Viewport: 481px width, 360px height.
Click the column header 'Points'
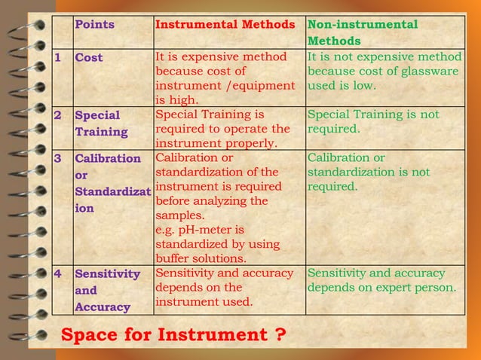[x=94, y=25]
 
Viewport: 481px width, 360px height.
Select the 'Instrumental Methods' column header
[x=224, y=25]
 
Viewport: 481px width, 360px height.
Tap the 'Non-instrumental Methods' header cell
[x=362, y=32]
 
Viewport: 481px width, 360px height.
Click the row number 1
[x=57, y=58]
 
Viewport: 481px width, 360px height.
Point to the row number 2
[x=58, y=116]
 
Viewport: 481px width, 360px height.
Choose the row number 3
[x=58, y=159]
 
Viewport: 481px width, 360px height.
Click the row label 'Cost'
[x=89, y=58]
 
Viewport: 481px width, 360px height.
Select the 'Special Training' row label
[x=97, y=124]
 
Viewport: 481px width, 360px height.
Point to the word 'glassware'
[x=430, y=72]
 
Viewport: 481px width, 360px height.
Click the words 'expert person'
[x=419, y=288]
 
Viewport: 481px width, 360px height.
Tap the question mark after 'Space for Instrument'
[x=280, y=334]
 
